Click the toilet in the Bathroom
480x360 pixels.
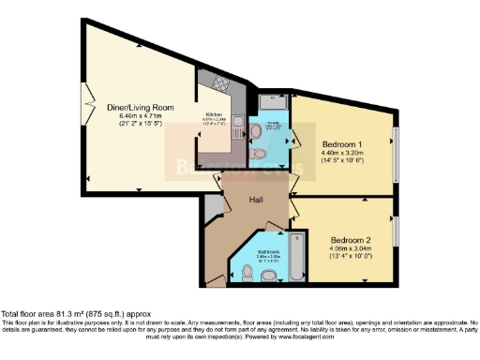(268, 274)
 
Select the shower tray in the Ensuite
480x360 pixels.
(273, 102)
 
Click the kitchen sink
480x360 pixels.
(236, 123)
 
